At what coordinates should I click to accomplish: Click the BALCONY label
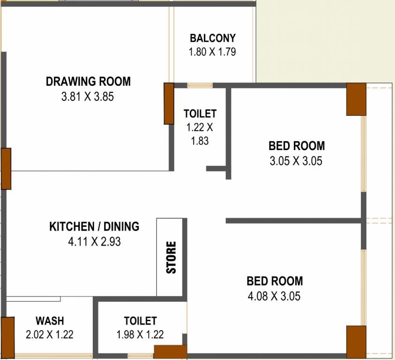point(213,38)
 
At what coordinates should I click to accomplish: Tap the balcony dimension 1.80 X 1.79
point(212,52)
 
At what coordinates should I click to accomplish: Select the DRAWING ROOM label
point(88,82)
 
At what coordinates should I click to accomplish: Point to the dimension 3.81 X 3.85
point(88,97)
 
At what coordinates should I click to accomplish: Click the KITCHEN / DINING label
point(94,226)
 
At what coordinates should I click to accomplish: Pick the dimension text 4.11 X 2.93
point(95,241)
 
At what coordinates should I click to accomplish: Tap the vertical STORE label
point(171,257)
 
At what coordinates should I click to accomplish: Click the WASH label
point(50,321)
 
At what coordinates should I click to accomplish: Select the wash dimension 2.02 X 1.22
point(50,335)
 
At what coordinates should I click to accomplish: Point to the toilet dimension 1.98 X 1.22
point(140,335)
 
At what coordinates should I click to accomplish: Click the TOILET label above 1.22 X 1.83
point(200,114)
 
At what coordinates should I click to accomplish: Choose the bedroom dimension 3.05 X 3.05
point(296,161)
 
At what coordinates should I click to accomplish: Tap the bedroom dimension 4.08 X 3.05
point(274,296)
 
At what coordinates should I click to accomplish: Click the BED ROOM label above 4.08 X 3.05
point(275,281)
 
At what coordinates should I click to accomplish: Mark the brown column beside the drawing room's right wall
point(169,104)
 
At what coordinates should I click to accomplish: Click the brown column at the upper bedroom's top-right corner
point(356,99)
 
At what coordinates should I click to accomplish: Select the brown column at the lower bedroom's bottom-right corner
point(356,342)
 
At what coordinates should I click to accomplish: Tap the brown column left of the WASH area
point(7,337)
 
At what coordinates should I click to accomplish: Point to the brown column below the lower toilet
point(171,352)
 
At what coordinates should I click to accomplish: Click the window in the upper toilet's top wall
point(200,85)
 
